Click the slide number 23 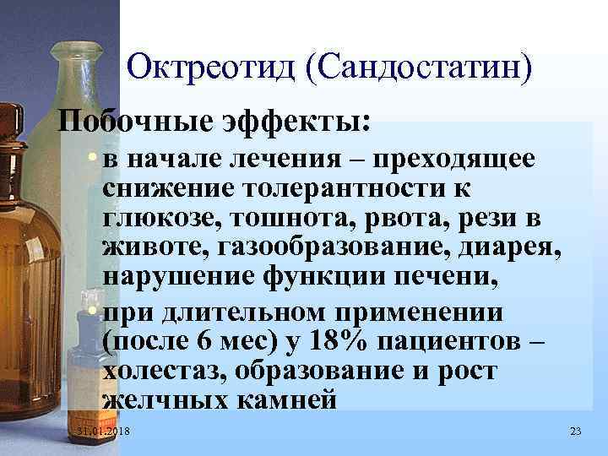pos(576,432)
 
